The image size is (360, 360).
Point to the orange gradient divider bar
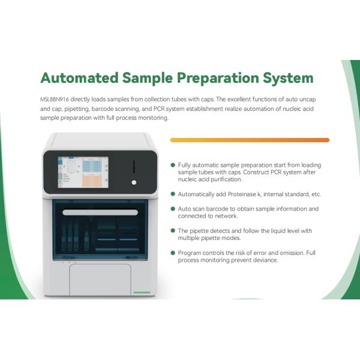click(x=250, y=140)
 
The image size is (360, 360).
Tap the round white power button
click(x=134, y=182)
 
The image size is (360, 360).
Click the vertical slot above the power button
click(x=134, y=165)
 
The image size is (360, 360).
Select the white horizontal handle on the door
click(x=100, y=213)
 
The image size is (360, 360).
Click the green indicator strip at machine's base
click(x=142, y=292)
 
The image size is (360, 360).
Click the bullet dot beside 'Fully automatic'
click(x=173, y=165)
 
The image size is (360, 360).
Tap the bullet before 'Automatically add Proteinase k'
click(x=173, y=194)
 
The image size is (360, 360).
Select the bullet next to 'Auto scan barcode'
click(x=173, y=209)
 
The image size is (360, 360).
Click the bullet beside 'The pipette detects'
click(x=173, y=230)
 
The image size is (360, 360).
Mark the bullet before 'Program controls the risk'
click(x=173, y=253)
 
